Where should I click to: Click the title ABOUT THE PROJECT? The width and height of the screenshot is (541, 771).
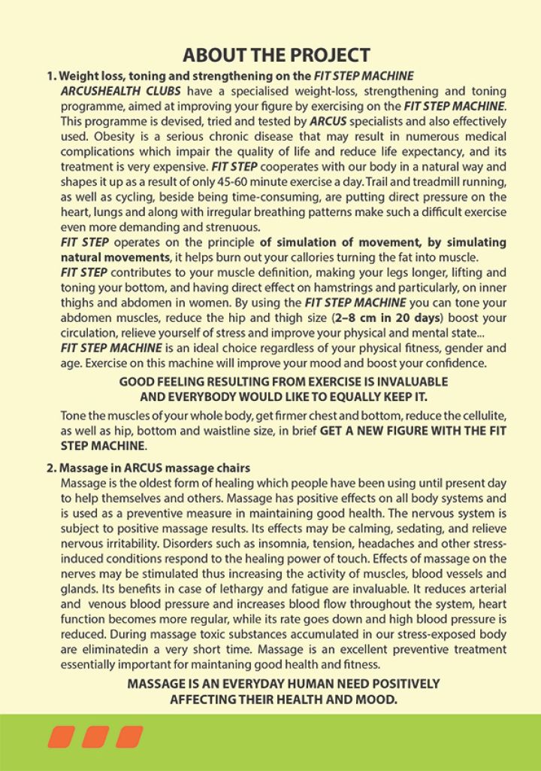(x=277, y=55)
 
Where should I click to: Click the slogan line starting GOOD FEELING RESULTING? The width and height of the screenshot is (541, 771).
(x=283, y=382)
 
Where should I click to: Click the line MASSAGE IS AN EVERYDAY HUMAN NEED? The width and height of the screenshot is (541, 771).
(x=283, y=684)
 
